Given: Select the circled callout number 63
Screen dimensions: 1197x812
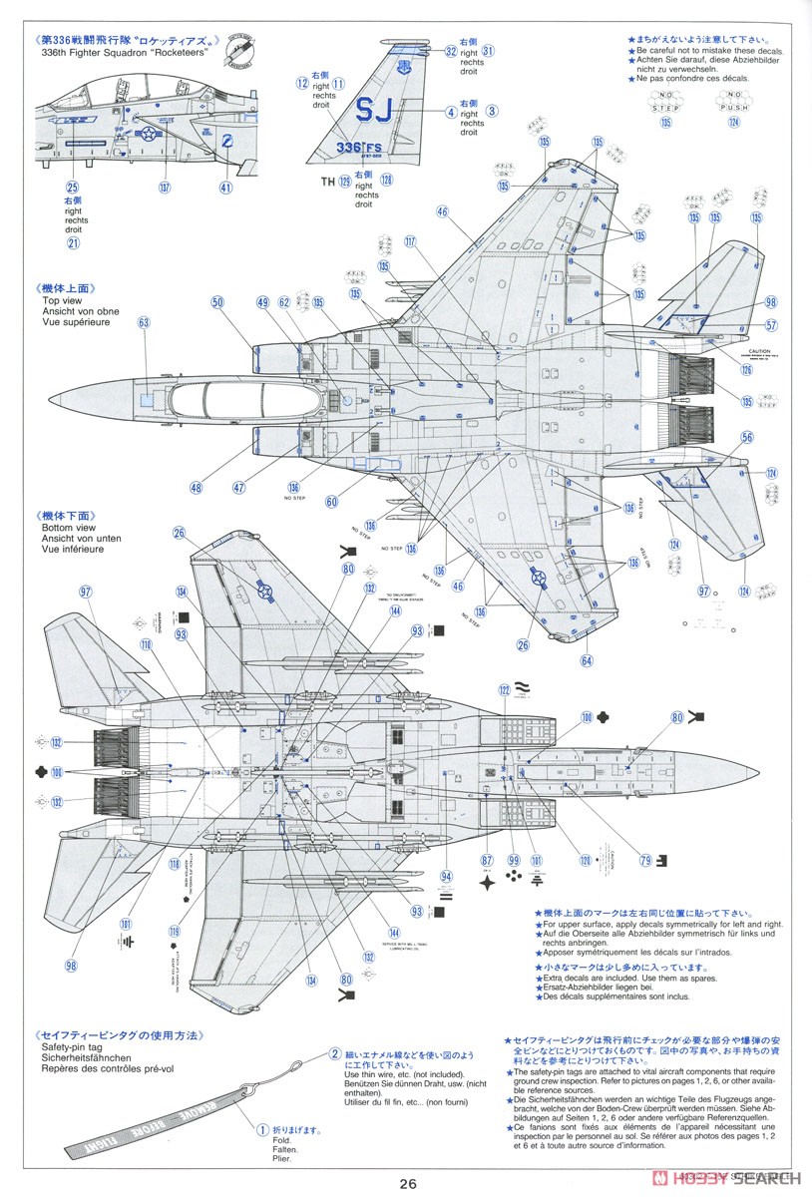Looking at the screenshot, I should [144, 322].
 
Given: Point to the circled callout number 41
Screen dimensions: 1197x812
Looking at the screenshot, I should [225, 187].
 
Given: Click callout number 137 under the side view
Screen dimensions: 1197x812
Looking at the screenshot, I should [164, 187].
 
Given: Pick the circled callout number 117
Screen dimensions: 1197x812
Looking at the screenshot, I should [410, 241].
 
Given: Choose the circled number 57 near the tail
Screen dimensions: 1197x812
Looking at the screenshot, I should [771, 325].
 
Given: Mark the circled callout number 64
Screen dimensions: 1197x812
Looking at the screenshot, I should [586, 660].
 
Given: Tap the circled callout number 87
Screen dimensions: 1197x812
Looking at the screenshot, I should [486, 860].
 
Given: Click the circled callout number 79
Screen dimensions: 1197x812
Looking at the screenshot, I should [645, 860].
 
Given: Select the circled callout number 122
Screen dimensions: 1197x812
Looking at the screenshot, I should [505, 690].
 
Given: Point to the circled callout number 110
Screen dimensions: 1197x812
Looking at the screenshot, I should [147, 645].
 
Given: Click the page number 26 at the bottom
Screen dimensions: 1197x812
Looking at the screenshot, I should [406, 1184].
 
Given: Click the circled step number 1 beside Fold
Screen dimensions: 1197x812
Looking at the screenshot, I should [262, 1131].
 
